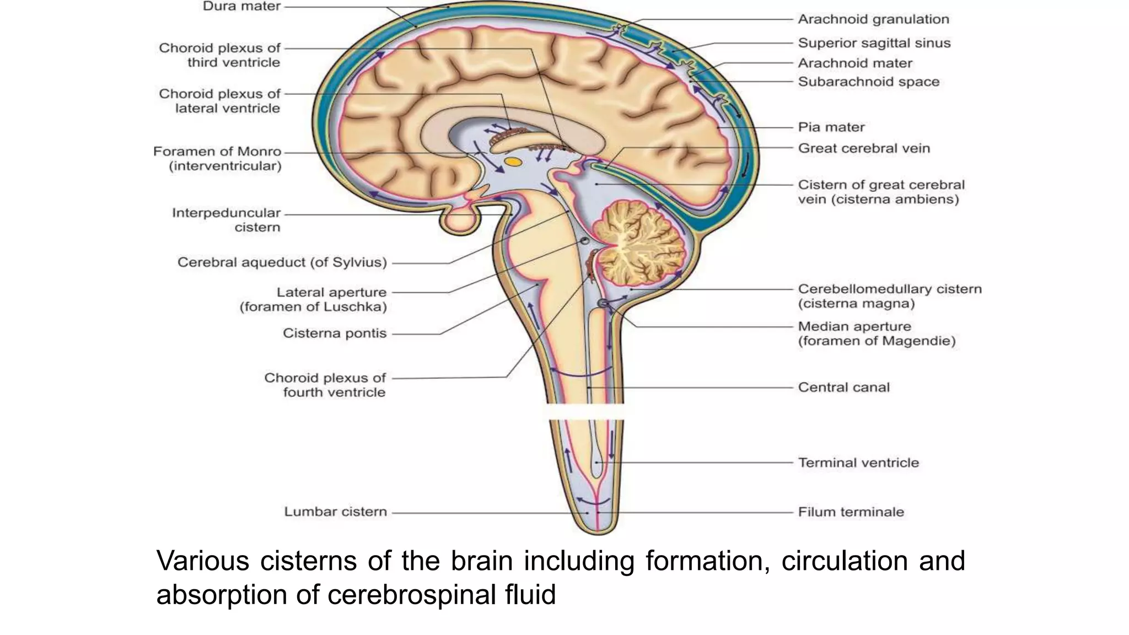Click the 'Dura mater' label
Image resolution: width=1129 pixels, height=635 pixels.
[241, 7]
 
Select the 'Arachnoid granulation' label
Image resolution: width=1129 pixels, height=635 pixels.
[873, 19]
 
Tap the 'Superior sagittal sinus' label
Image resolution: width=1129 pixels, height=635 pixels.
[874, 43]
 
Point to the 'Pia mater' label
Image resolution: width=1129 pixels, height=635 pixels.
[831, 127]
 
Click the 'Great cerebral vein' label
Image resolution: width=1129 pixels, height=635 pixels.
[863, 148]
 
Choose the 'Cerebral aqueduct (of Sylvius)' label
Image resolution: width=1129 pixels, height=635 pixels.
[282, 262]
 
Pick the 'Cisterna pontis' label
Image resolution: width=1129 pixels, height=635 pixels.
[335, 333]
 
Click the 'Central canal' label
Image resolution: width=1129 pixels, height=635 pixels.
[843, 388]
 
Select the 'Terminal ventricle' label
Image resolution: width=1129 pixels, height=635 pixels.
[858, 463]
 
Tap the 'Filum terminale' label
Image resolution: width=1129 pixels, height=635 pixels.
[851, 512]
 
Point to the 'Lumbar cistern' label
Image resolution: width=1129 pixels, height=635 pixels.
[335, 512]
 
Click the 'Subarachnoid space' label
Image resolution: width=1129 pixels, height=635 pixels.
[868, 82]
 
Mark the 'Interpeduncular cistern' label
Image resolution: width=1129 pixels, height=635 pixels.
[226, 220]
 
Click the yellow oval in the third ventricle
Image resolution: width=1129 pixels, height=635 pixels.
[513, 162]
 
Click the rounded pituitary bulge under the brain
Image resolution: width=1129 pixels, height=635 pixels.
[461, 220]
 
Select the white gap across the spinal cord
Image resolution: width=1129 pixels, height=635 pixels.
[586, 411]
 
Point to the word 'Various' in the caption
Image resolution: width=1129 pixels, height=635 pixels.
[203, 561]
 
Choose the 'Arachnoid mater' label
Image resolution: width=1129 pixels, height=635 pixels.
[855, 63]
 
